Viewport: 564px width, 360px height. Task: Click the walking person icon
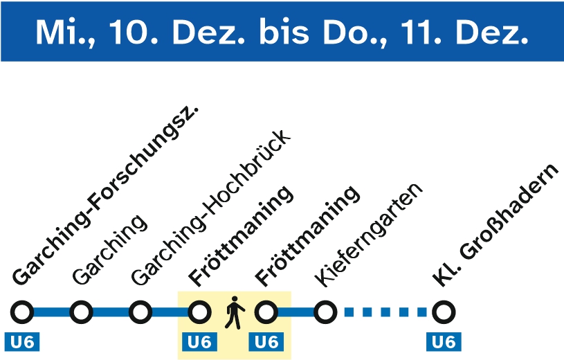[x=235, y=312]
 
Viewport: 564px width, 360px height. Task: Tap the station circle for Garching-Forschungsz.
[x=22, y=313]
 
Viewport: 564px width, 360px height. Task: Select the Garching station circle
[x=82, y=313]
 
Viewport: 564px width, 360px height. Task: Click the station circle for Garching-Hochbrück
[x=140, y=313]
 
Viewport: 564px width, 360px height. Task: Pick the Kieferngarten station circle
[x=325, y=313]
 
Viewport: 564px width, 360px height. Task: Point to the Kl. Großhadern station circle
[x=444, y=313]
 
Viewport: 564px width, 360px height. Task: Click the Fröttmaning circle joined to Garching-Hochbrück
[x=200, y=313]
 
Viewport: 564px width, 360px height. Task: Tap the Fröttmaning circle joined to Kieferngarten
[x=266, y=313]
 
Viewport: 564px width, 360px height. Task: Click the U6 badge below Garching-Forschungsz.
[x=22, y=341]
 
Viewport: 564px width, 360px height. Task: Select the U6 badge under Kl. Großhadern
[x=444, y=341]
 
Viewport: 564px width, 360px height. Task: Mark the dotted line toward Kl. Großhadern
[x=385, y=313]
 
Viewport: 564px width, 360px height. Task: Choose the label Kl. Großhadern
[x=495, y=225]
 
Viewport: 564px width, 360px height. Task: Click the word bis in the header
[x=281, y=32]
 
